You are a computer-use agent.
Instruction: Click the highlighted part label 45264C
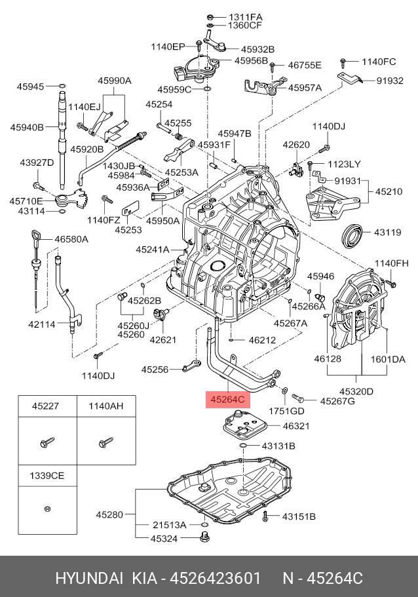click(227, 398)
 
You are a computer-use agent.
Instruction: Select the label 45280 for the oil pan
click(109, 515)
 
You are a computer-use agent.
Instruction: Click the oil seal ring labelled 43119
click(354, 234)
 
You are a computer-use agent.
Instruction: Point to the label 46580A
click(71, 240)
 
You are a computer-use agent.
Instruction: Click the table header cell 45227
click(46, 406)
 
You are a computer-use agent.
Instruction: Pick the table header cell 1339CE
click(46, 475)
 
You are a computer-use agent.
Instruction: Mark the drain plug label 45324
click(165, 539)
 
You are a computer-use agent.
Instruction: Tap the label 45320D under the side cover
click(357, 392)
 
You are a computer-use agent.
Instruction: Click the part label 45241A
click(153, 250)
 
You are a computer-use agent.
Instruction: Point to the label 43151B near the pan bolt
click(299, 516)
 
